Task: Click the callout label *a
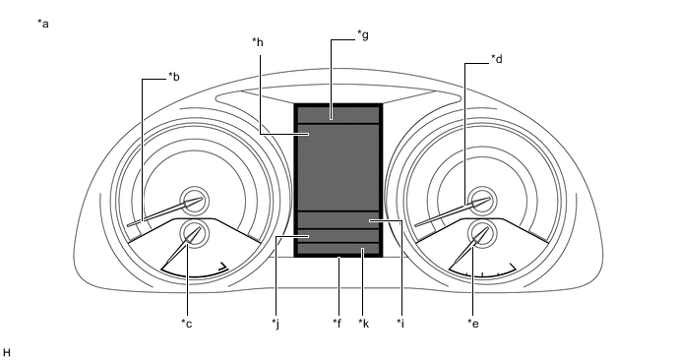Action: [x=43, y=24]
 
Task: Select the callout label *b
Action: [x=174, y=77]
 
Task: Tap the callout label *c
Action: [x=187, y=323]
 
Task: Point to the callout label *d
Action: [x=497, y=59]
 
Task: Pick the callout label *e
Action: [x=473, y=323]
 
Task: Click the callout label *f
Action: [x=338, y=323]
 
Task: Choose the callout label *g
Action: [x=363, y=34]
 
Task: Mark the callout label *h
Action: [x=258, y=42]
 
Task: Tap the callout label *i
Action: [x=400, y=323]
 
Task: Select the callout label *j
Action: [x=276, y=323]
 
